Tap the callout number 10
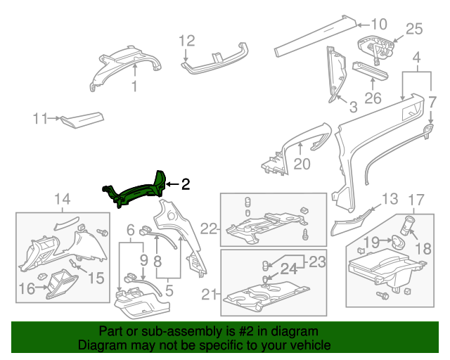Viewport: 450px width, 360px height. (379, 23)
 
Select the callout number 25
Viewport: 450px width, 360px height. (414, 29)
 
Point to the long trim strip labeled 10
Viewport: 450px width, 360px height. (316, 35)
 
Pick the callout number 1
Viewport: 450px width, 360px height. (133, 86)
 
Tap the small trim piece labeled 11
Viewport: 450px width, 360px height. (82, 119)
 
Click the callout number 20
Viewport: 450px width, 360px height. (302, 164)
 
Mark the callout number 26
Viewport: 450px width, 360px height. (373, 98)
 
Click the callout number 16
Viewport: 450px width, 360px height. (27, 288)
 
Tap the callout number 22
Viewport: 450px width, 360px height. (208, 228)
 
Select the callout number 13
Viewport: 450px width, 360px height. (390, 199)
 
